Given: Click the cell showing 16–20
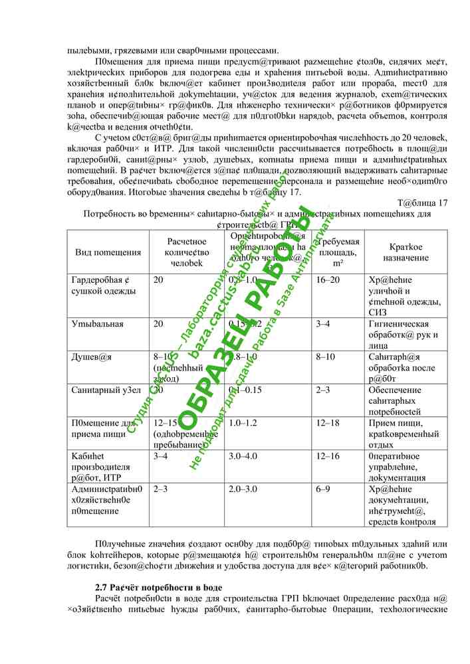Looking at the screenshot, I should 328,280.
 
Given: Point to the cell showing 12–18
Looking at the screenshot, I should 328,423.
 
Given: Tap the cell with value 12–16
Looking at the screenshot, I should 328,456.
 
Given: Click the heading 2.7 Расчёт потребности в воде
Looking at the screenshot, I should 158,588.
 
